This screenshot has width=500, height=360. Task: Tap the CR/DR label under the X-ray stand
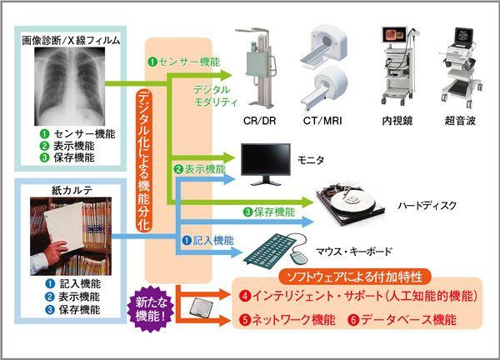click(x=259, y=122)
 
